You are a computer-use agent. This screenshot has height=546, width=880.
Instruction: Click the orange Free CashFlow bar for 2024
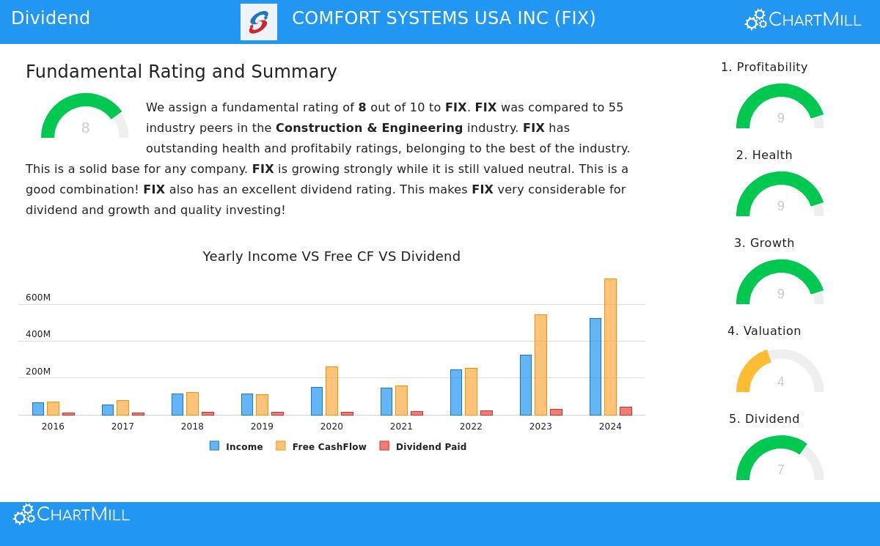[x=610, y=347]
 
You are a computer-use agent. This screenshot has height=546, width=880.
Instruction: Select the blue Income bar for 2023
[x=526, y=385]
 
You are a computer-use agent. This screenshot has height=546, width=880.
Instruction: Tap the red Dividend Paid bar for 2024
[x=626, y=411]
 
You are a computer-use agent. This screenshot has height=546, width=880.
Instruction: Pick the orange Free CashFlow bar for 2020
[x=331, y=391]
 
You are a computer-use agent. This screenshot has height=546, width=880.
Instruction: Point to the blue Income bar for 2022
[x=456, y=392]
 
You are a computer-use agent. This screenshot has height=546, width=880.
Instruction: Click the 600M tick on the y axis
[x=38, y=298]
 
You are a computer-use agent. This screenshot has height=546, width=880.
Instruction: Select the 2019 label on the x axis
[x=262, y=427]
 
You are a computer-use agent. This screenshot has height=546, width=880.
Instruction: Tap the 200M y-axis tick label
[x=38, y=372]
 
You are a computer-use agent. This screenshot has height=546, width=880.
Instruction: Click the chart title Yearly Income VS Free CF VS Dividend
[x=331, y=257]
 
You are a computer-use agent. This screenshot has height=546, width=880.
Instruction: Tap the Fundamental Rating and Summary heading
[x=181, y=72]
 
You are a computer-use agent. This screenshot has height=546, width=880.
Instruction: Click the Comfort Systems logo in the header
[x=259, y=22]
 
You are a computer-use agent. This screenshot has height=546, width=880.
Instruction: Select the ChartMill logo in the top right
[x=803, y=20]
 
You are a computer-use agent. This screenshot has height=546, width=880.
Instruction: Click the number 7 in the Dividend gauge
[x=780, y=470]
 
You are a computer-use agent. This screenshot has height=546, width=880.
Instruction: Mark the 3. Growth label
[x=764, y=243]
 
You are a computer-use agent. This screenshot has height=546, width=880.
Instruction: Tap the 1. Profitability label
[x=764, y=67]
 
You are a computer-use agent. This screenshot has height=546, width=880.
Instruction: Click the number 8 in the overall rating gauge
[x=85, y=128]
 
